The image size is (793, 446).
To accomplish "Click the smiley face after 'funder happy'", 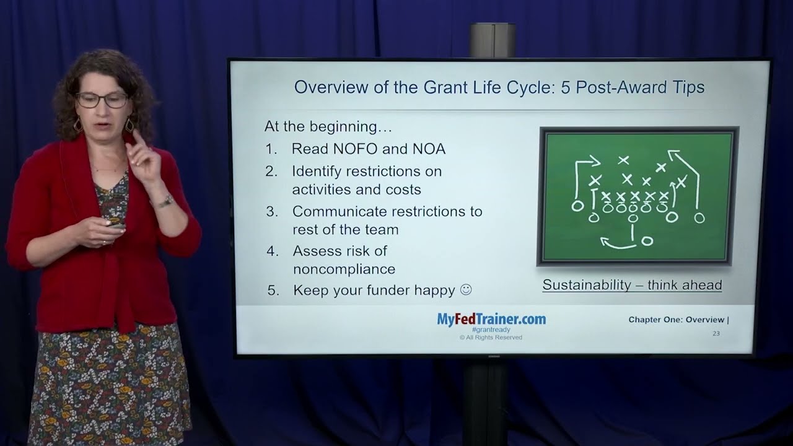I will pyautogui.click(x=466, y=290).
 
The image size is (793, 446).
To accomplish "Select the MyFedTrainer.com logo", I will pyautogui.click(x=491, y=319).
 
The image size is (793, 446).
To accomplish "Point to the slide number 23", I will pyautogui.click(x=716, y=334).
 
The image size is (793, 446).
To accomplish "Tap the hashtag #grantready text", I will pyautogui.click(x=491, y=330).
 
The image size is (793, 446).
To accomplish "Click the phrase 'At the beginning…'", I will pyautogui.click(x=328, y=127).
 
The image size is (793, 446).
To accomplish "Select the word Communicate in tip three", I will pyautogui.click(x=338, y=211).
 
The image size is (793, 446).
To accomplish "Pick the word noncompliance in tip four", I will pyautogui.click(x=344, y=269).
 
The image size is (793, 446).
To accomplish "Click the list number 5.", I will pyautogui.click(x=273, y=291).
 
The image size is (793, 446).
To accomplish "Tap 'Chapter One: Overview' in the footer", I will pyautogui.click(x=676, y=320).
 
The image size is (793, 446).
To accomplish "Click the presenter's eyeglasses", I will pyautogui.click(x=102, y=100).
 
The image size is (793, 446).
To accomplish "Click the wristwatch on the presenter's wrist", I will pyautogui.click(x=165, y=201).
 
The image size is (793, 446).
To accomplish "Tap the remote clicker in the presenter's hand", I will pyautogui.click(x=115, y=225).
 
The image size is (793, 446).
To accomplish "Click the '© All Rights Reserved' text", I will pyautogui.click(x=491, y=338).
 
